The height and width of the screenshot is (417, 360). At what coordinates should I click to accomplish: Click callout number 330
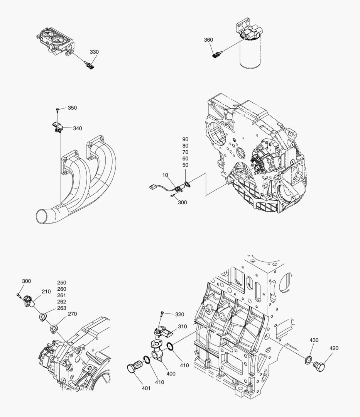(94, 52)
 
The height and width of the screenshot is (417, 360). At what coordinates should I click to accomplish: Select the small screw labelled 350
(57, 110)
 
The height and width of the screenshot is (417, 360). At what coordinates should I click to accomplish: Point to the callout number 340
(77, 128)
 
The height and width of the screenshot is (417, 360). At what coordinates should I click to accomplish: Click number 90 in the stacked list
(186, 139)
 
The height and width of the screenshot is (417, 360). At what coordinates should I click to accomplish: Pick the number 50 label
(186, 165)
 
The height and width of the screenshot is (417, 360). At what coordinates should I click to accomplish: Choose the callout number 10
(165, 175)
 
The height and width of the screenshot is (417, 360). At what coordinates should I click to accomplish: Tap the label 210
(46, 292)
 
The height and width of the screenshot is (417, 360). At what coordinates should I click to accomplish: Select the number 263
(62, 308)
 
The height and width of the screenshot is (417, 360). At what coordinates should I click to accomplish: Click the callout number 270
(73, 314)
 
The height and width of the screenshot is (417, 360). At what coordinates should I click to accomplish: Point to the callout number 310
(183, 326)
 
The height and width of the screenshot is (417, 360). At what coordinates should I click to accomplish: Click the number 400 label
(171, 373)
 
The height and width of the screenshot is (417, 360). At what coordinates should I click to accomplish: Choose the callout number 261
(62, 295)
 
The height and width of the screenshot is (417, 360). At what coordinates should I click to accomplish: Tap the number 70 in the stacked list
(186, 152)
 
